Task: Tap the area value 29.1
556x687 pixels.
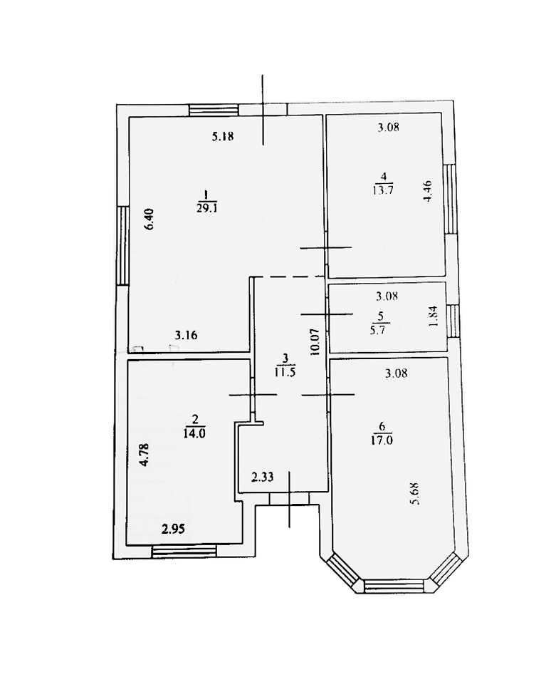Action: (205, 207)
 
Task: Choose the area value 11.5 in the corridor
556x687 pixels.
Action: (285, 371)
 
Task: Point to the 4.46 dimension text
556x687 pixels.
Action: (426, 192)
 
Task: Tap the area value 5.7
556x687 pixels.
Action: (381, 329)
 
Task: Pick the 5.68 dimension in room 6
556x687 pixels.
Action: (415, 492)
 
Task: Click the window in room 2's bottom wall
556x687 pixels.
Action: (184, 549)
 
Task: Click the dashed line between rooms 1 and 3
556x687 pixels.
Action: (288, 277)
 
